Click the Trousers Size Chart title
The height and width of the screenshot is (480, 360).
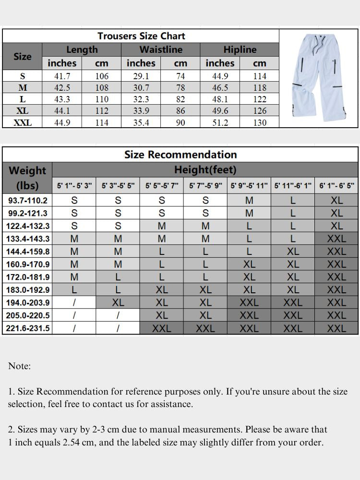[141, 36]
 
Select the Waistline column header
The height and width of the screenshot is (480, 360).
[161, 49]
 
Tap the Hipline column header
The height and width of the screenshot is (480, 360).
[240, 49]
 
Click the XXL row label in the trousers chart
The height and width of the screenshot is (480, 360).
[23, 122]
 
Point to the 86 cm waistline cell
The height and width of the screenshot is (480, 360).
[180, 111]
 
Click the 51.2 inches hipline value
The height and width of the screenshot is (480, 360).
[219, 122]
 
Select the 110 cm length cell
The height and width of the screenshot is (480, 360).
[102, 99]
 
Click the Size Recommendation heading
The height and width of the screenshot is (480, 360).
[180, 155]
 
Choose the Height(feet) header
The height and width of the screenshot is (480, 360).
[205, 170]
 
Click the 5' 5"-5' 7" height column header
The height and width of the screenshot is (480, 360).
[162, 185]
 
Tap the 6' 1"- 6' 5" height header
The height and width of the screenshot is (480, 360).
[336, 185]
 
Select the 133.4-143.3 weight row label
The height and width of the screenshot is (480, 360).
[27, 239]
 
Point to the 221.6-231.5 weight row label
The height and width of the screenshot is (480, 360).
[27, 328]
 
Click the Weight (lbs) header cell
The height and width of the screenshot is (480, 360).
[27, 178]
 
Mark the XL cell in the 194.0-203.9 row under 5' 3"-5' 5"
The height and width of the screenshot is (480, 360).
[118, 303]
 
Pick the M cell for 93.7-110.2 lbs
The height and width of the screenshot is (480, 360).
[249, 200]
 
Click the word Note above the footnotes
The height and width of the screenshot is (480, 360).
[19, 366]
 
